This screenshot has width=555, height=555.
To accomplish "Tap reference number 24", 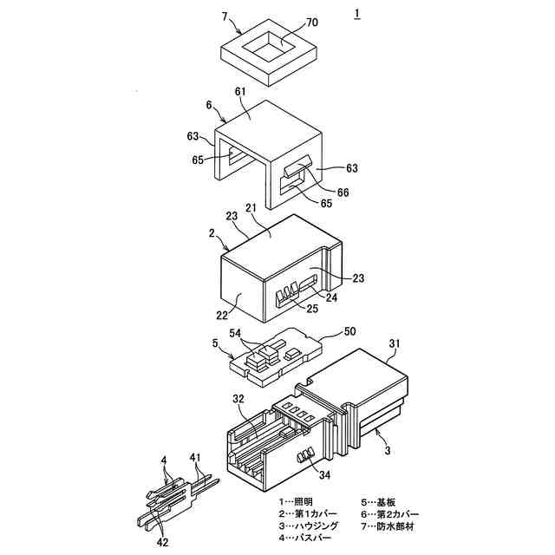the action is click(332, 297).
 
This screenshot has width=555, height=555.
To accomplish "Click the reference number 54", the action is click(235, 333).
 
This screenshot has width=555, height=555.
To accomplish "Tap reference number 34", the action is click(323, 474).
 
